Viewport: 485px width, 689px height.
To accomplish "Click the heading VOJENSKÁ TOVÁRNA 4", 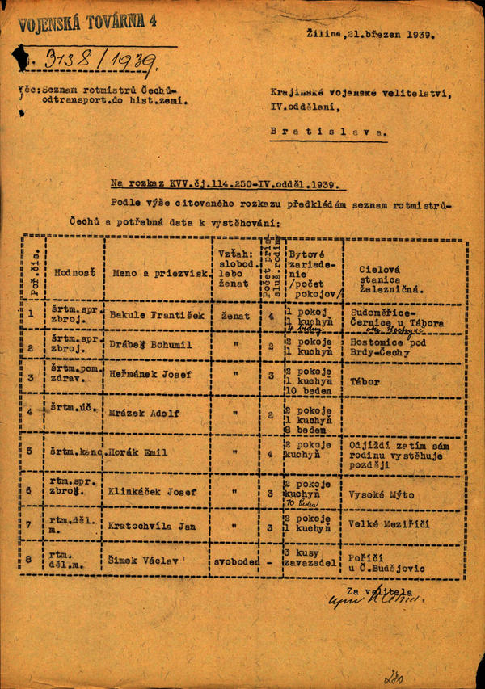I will [x=88, y=22].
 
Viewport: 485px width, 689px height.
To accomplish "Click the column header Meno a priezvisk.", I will [x=158, y=272].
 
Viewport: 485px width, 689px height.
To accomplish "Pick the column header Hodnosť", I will [x=74, y=272].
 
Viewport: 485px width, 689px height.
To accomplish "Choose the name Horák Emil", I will [x=141, y=452].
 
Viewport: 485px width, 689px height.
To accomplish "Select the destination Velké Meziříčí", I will [x=388, y=524].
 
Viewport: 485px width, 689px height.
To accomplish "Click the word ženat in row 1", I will [x=235, y=315].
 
